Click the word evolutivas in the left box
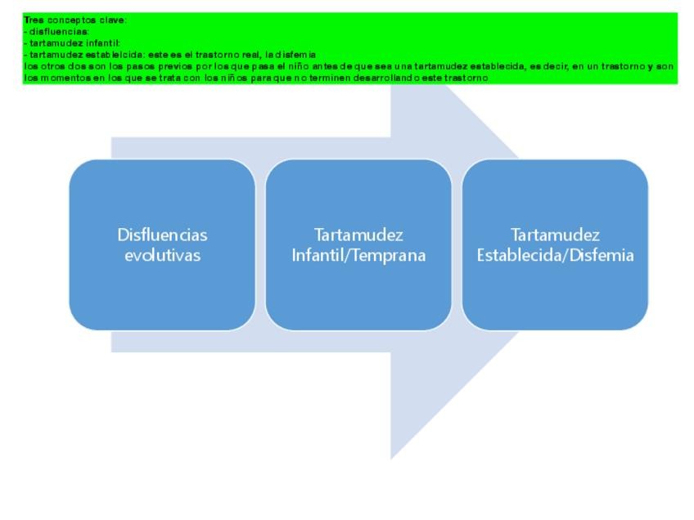(x=162, y=255)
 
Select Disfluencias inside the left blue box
(x=162, y=235)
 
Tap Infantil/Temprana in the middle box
(x=358, y=255)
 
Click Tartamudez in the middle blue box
(x=358, y=235)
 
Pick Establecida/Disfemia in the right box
(x=555, y=255)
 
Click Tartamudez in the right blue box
(x=555, y=235)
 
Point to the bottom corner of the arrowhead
(x=391, y=459)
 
